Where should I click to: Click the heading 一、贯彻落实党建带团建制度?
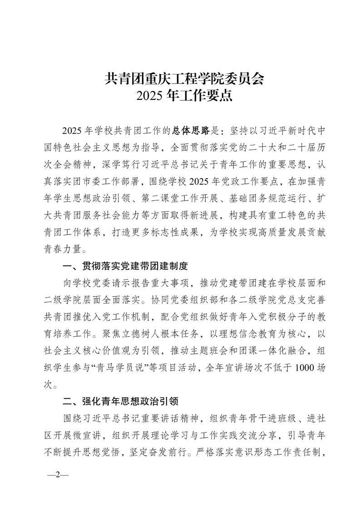point(125,266)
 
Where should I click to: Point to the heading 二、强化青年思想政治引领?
point(120,401)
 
